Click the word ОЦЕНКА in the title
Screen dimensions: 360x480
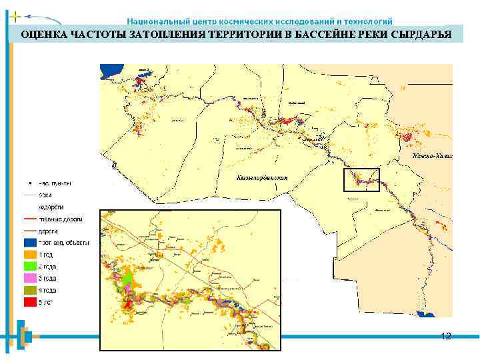click(x=43, y=34)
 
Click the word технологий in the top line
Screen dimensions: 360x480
click(x=369, y=21)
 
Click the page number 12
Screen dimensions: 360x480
click(x=446, y=336)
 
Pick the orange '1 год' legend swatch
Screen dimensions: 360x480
click(x=29, y=255)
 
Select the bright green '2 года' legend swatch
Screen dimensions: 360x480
click(x=29, y=267)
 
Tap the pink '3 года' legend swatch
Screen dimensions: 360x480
click(x=29, y=278)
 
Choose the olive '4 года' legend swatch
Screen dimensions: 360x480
click(x=29, y=290)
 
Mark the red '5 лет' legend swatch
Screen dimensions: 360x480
click(x=29, y=302)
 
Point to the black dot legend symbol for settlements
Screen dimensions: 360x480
click(x=29, y=183)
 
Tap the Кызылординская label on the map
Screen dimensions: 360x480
click(x=262, y=177)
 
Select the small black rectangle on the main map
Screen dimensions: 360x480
click(x=361, y=180)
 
